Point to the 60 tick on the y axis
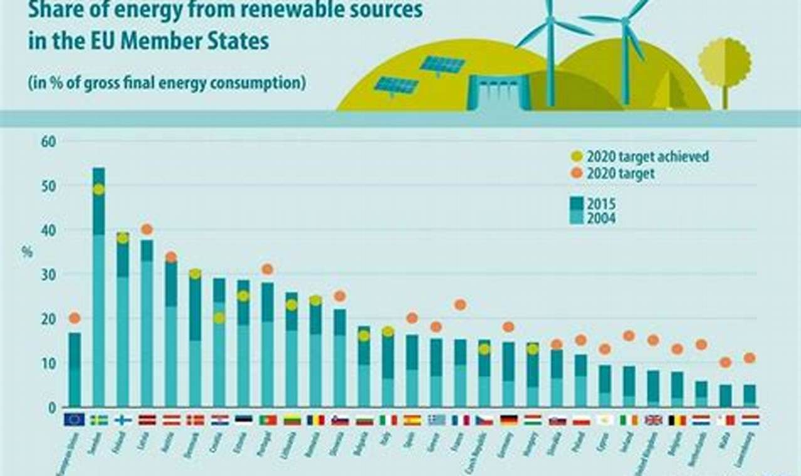click(49, 142)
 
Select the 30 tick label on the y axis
click(49, 275)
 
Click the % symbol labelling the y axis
click(27, 252)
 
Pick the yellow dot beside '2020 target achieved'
click(577, 157)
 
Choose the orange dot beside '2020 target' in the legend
click(577, 173)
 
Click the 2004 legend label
click(601, 219)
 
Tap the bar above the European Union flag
click(75, 369)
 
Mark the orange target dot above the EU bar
click(75, 318)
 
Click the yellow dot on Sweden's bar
click(98, 189)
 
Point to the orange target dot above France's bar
click(460, 304)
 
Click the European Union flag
click(74, 420)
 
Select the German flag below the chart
click(509, 420)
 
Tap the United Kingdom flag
click(653, 420)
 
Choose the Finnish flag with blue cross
click(123, 420)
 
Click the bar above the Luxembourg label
click(750, 396)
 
